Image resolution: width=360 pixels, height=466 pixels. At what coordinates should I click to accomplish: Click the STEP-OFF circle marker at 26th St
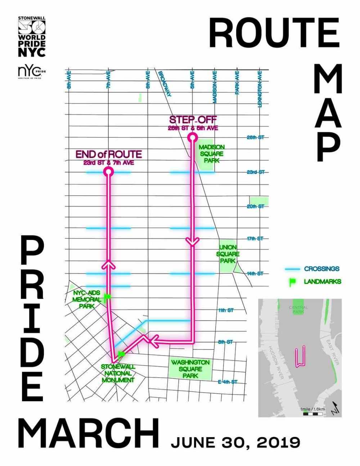(193, 137)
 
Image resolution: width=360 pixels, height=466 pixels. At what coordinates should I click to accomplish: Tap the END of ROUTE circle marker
(108, 172)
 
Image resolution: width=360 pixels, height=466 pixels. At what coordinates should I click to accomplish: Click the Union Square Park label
(228, 254)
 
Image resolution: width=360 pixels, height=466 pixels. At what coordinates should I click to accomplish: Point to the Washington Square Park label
(190, 369)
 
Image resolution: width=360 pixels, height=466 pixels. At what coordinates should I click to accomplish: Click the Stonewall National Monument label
(118, 373)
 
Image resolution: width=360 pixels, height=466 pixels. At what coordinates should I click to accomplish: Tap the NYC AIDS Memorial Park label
(86, 299)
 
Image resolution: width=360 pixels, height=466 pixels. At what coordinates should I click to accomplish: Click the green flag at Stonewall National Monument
(121, 354)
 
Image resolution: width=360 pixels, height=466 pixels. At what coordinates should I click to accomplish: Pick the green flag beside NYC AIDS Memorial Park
(107, 297)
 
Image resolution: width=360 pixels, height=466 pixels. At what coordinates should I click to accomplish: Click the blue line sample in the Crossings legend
(292, 269)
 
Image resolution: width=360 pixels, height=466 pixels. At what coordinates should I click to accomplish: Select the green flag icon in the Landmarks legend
(292, 282)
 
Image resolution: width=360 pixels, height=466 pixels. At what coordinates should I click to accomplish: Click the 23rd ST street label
(255, 172)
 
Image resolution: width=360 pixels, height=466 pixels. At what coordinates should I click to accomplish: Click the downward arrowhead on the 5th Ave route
(193, 242)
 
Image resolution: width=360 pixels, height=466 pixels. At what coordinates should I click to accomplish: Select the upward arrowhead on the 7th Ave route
(108, 264)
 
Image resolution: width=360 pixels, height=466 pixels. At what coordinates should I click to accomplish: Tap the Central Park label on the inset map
(298, 309)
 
